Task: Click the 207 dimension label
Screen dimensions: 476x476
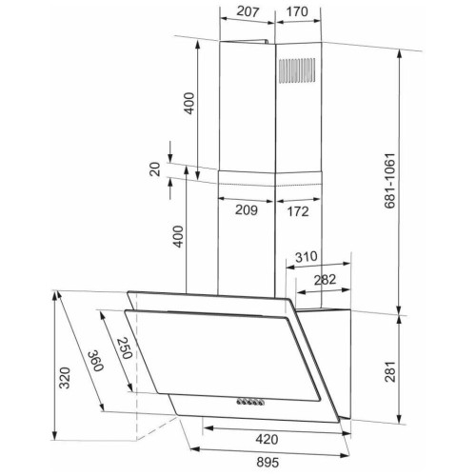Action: click(248, 11)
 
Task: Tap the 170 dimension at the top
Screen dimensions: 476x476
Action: click(297, 11)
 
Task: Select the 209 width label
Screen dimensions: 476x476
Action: click(247, 209)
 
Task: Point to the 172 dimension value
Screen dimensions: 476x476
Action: click(298, 211)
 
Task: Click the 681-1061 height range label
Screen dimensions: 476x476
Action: click(389, 181)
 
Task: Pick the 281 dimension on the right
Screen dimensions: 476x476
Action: click(390, 371)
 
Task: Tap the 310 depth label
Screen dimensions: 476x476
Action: click(307, 256)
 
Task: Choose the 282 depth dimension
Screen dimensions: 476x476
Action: click(325, 280)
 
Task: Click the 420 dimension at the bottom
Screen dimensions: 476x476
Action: click(267, 439)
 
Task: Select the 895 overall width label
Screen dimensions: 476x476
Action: click(268, 462)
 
